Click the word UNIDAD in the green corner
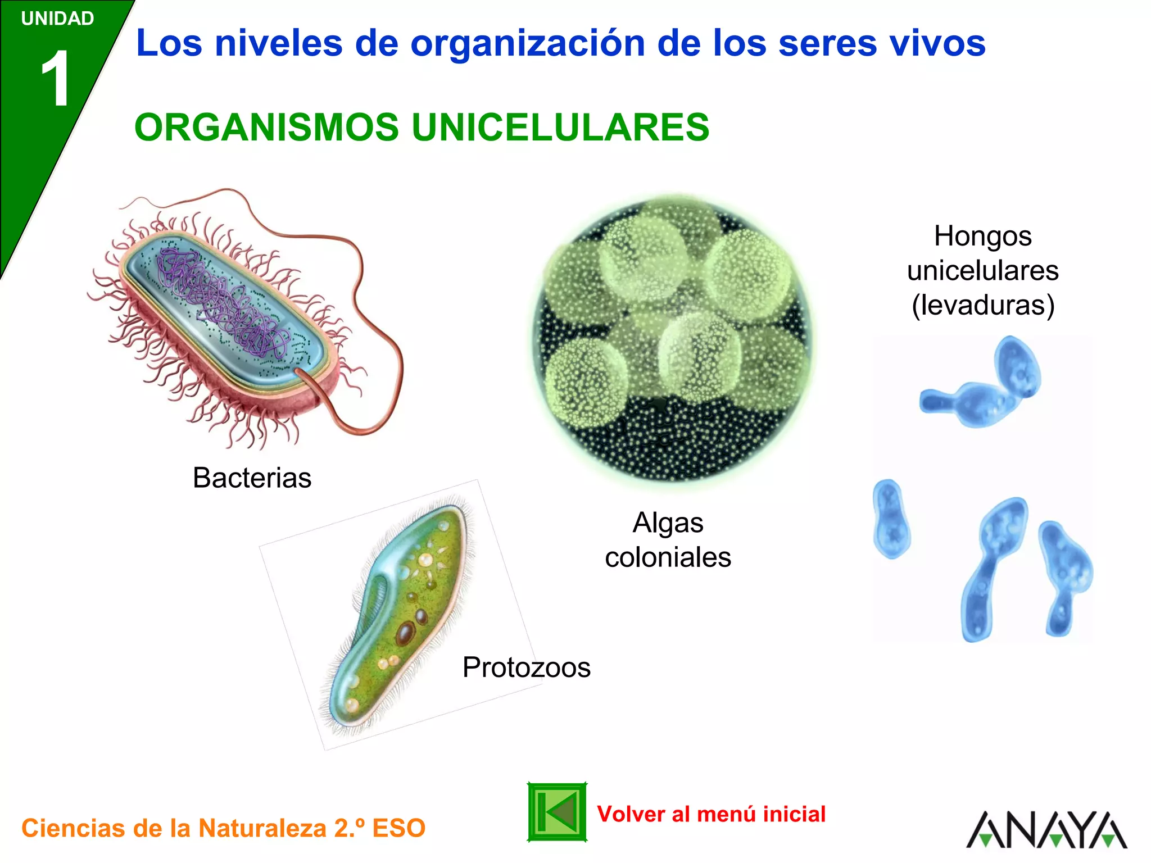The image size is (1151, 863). (57, 19)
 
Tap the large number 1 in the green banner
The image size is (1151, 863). (56, 78)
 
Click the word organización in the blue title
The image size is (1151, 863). (527, 43)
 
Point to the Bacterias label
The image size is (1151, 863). (252, 478)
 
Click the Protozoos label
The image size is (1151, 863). (526, 667)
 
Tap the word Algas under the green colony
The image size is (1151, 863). (668, 523)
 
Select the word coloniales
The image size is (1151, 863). (668, 557)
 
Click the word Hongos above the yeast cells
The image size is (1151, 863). (982, 236)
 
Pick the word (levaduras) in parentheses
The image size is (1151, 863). (982, 305)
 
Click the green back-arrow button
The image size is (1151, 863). (556, 812)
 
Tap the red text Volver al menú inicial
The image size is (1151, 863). (711, 814)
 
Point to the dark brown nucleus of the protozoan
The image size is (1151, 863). (406, 633)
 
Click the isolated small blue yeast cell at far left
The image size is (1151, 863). (891, 518)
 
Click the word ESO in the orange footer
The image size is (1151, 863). (398, 828)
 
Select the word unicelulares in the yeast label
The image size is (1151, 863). (982, 271)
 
